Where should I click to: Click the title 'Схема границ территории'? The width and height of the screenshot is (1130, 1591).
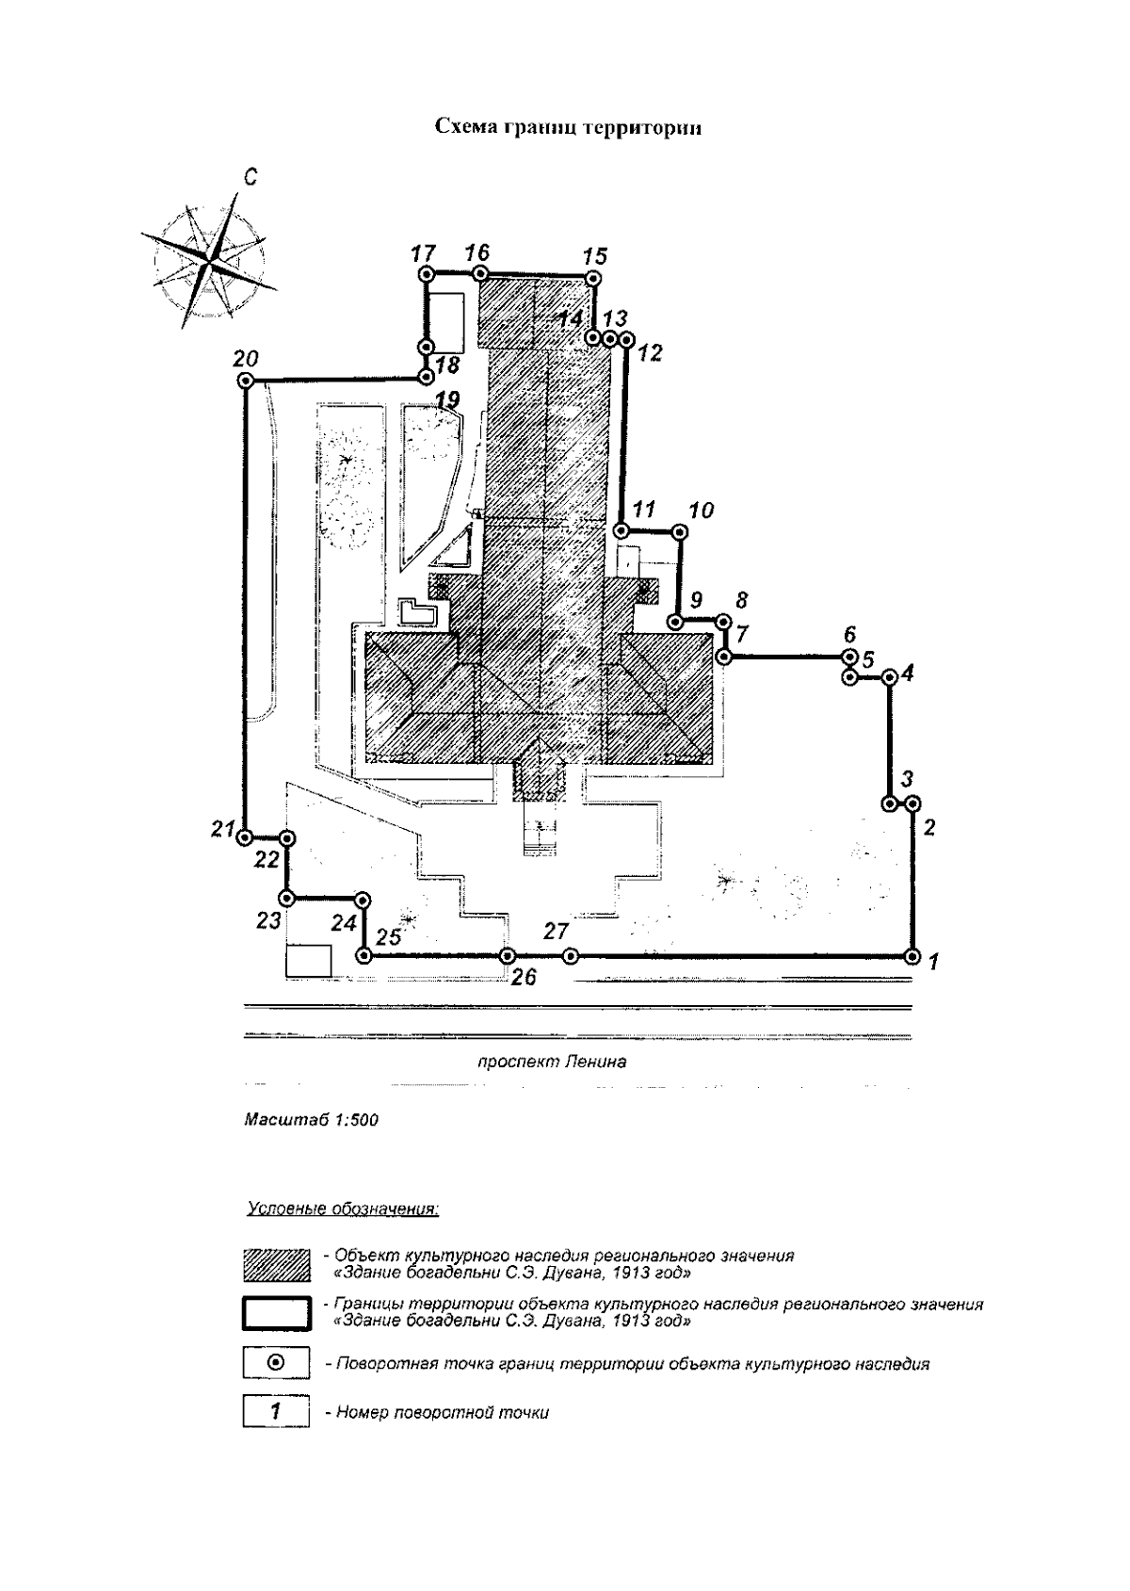click(568, 128)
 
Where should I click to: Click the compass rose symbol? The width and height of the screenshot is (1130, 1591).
click(209, 258)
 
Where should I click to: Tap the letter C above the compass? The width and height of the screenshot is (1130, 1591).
click(250, 176)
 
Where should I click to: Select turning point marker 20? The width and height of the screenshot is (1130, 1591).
click(245, 382)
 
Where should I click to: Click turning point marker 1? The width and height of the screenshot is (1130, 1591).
click(912, 957)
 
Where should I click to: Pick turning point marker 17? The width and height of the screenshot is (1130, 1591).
click(427, 273)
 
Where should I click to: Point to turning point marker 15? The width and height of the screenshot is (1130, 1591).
click(591, 279)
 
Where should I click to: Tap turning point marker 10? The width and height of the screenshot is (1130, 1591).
click(680, 532)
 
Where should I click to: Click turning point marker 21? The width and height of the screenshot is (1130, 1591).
click(245, 837)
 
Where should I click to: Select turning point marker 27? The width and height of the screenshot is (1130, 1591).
click(571, 957)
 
